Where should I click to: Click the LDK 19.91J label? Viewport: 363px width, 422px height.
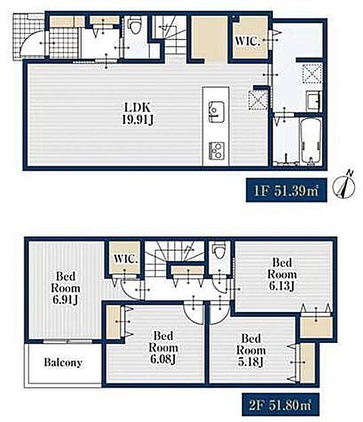[x=138, y=114]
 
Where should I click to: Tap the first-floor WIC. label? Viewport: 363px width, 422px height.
[x=247, y=41]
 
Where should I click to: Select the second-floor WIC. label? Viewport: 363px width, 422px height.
[x=126, y=259]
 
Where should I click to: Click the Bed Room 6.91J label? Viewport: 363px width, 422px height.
[x=66, y=288]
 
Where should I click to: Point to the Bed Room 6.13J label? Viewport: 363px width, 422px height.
[x=282, y=274]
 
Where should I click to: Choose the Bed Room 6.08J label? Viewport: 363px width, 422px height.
[x=163, y=348]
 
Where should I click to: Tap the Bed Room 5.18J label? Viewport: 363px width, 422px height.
[x=250, y=350]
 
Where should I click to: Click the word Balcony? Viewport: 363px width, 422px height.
[x=63, y=362]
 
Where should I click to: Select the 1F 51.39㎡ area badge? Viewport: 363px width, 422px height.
[x=286, y=190]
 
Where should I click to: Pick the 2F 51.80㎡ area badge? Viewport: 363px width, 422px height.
[x=281, y=405]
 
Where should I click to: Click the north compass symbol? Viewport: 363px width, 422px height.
[x=344, y=185]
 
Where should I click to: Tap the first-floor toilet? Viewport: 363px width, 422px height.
[x=134, y=25]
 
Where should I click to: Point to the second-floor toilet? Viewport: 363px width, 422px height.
[x=218, y=250]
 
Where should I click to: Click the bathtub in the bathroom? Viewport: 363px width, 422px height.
[x=310, y=141]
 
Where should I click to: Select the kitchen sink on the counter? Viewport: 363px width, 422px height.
[x=216, y=111]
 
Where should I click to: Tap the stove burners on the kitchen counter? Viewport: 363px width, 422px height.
[x=216, y=151]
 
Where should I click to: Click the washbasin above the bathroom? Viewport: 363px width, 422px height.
[x=313, y=100]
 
